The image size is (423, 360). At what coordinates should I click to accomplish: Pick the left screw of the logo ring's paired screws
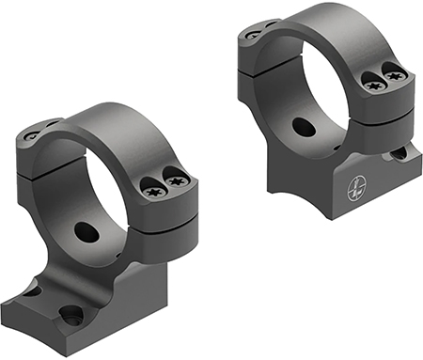pos(373,86)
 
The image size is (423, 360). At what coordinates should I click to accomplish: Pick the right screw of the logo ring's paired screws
pos(395,72)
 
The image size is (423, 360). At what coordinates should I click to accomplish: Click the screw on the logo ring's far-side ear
pos(252,35)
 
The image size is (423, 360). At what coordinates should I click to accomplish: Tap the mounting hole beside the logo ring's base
pos(400,152)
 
